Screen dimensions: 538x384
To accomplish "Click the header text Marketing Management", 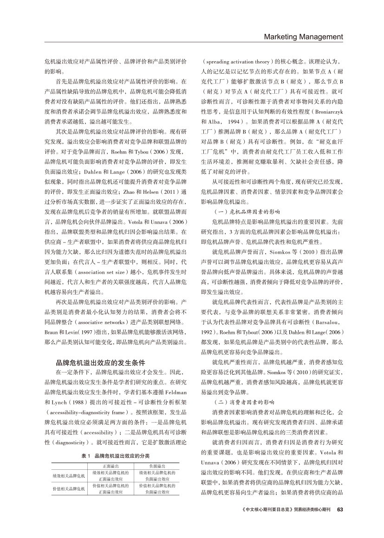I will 303,37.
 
